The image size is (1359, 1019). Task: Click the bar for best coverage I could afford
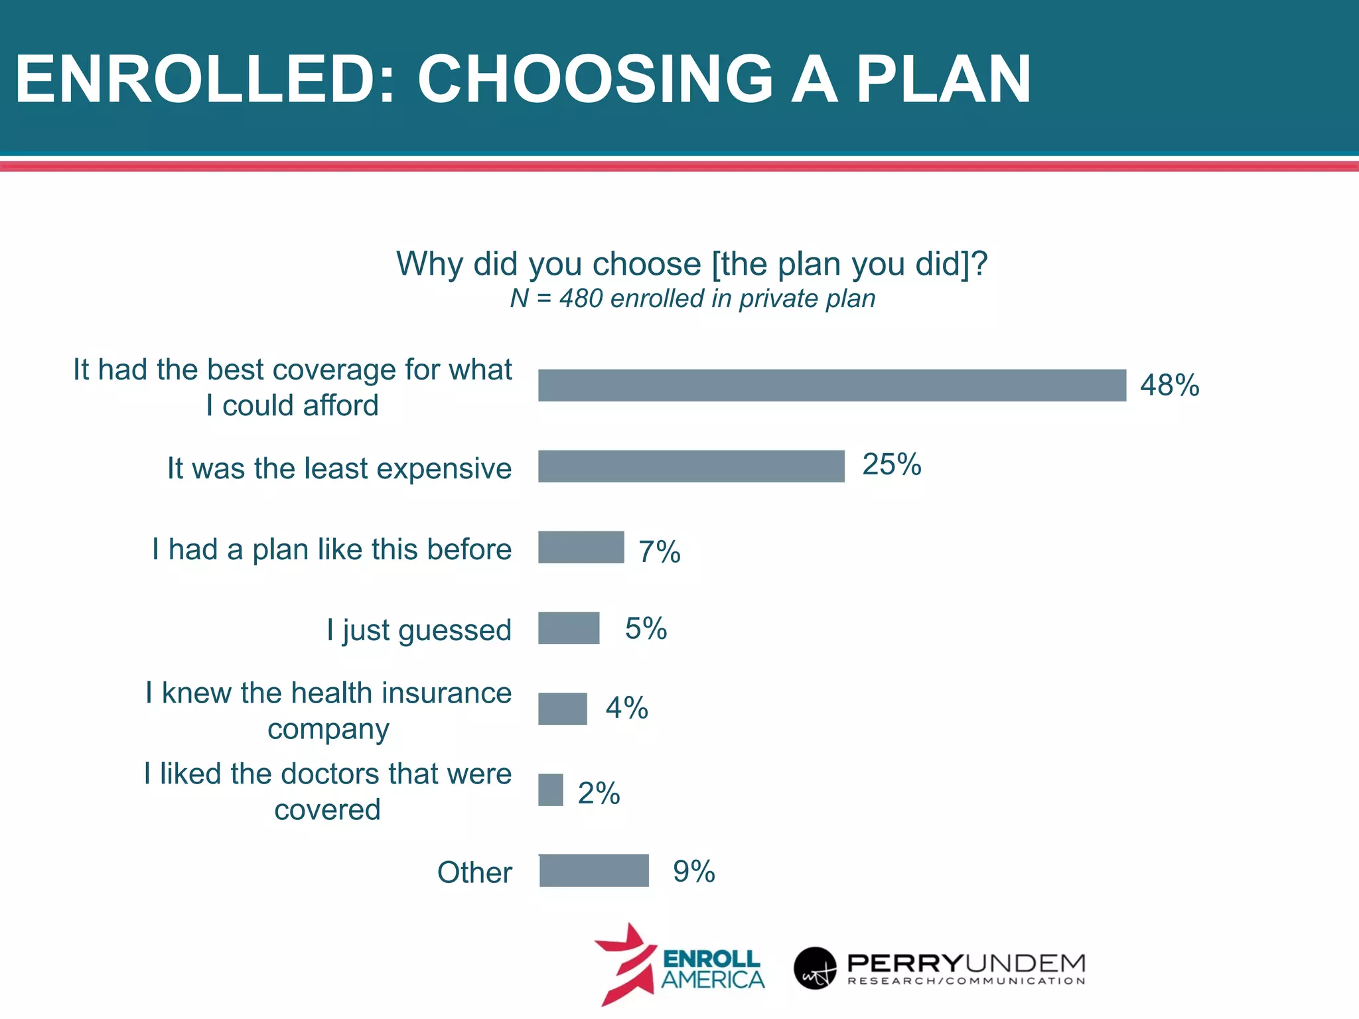(832, 385)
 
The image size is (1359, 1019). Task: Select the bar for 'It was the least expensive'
(691, 466)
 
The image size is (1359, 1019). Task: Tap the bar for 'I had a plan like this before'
(581, 547)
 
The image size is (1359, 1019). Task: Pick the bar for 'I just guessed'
(569, 628)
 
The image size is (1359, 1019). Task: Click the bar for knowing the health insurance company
(563, 709)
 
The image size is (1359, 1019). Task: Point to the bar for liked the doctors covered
(551, 790)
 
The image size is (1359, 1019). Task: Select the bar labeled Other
(594, 870)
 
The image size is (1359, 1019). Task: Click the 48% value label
(1169, 385)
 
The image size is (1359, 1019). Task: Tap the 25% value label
(891, 464)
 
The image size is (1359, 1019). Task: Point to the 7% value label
(659, 552)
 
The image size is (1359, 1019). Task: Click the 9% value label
(693, 871)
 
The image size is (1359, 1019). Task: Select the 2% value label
(599, 793)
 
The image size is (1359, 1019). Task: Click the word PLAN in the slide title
(943, 80)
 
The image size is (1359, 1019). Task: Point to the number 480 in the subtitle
(581, 299)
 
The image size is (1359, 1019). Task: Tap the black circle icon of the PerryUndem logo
(815, 968)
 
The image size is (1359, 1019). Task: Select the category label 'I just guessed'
(419, 630)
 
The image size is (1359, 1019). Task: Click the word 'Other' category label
(474, 872)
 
